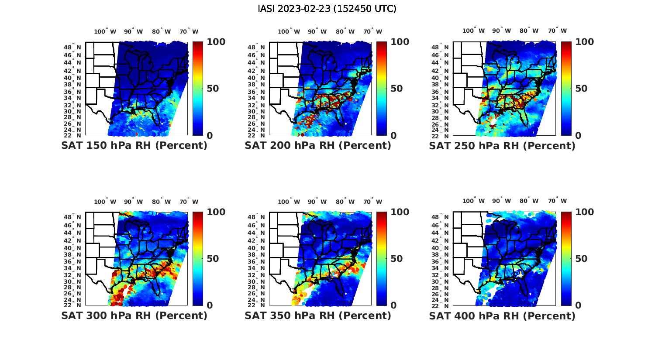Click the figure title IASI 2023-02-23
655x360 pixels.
pos(327,9)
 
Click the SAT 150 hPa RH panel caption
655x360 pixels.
pos(134,146)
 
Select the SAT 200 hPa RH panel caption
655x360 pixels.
pos(318,146)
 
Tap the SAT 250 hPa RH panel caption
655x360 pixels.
pos(502,146)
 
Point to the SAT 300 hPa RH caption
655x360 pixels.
pos(134,315)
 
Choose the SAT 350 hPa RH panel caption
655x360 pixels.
pos(318,315)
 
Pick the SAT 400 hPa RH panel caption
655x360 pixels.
pos(502,315)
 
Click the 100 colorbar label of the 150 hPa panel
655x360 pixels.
pos(216,42)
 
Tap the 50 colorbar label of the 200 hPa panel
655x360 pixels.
pos(396,89)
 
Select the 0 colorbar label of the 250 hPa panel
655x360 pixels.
pos(578,136)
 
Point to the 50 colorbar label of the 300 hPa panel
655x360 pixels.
pos(213,259)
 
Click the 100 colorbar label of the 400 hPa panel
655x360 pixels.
pos(585,212)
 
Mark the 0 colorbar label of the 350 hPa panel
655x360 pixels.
pos(393,305)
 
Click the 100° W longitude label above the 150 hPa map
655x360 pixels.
pos(105,31)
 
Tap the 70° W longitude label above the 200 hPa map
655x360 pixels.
pos(372,31)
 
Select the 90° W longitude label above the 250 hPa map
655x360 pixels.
pos(501,31)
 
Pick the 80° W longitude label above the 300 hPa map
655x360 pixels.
pos(161,202)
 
